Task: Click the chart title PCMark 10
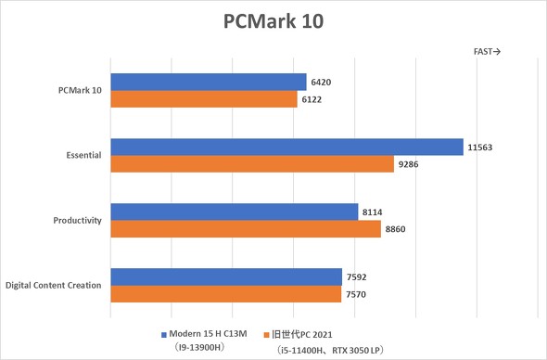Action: (x=273, y=20)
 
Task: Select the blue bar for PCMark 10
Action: (x=209, y=82)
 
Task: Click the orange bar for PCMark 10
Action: (x=204, y=99)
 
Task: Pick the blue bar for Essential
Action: (x=286, y=147)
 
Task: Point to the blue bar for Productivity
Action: (x=235, y=212)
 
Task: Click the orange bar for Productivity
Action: (x=246, y=229)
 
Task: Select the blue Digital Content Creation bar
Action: (x=226, y=276)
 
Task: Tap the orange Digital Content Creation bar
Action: (x=226, y=294)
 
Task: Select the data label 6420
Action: (x=322, y=82)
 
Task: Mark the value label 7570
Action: (x=357, y=294)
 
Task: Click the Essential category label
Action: (x=79, y=156)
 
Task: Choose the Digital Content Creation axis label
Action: (x=54, y=286)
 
